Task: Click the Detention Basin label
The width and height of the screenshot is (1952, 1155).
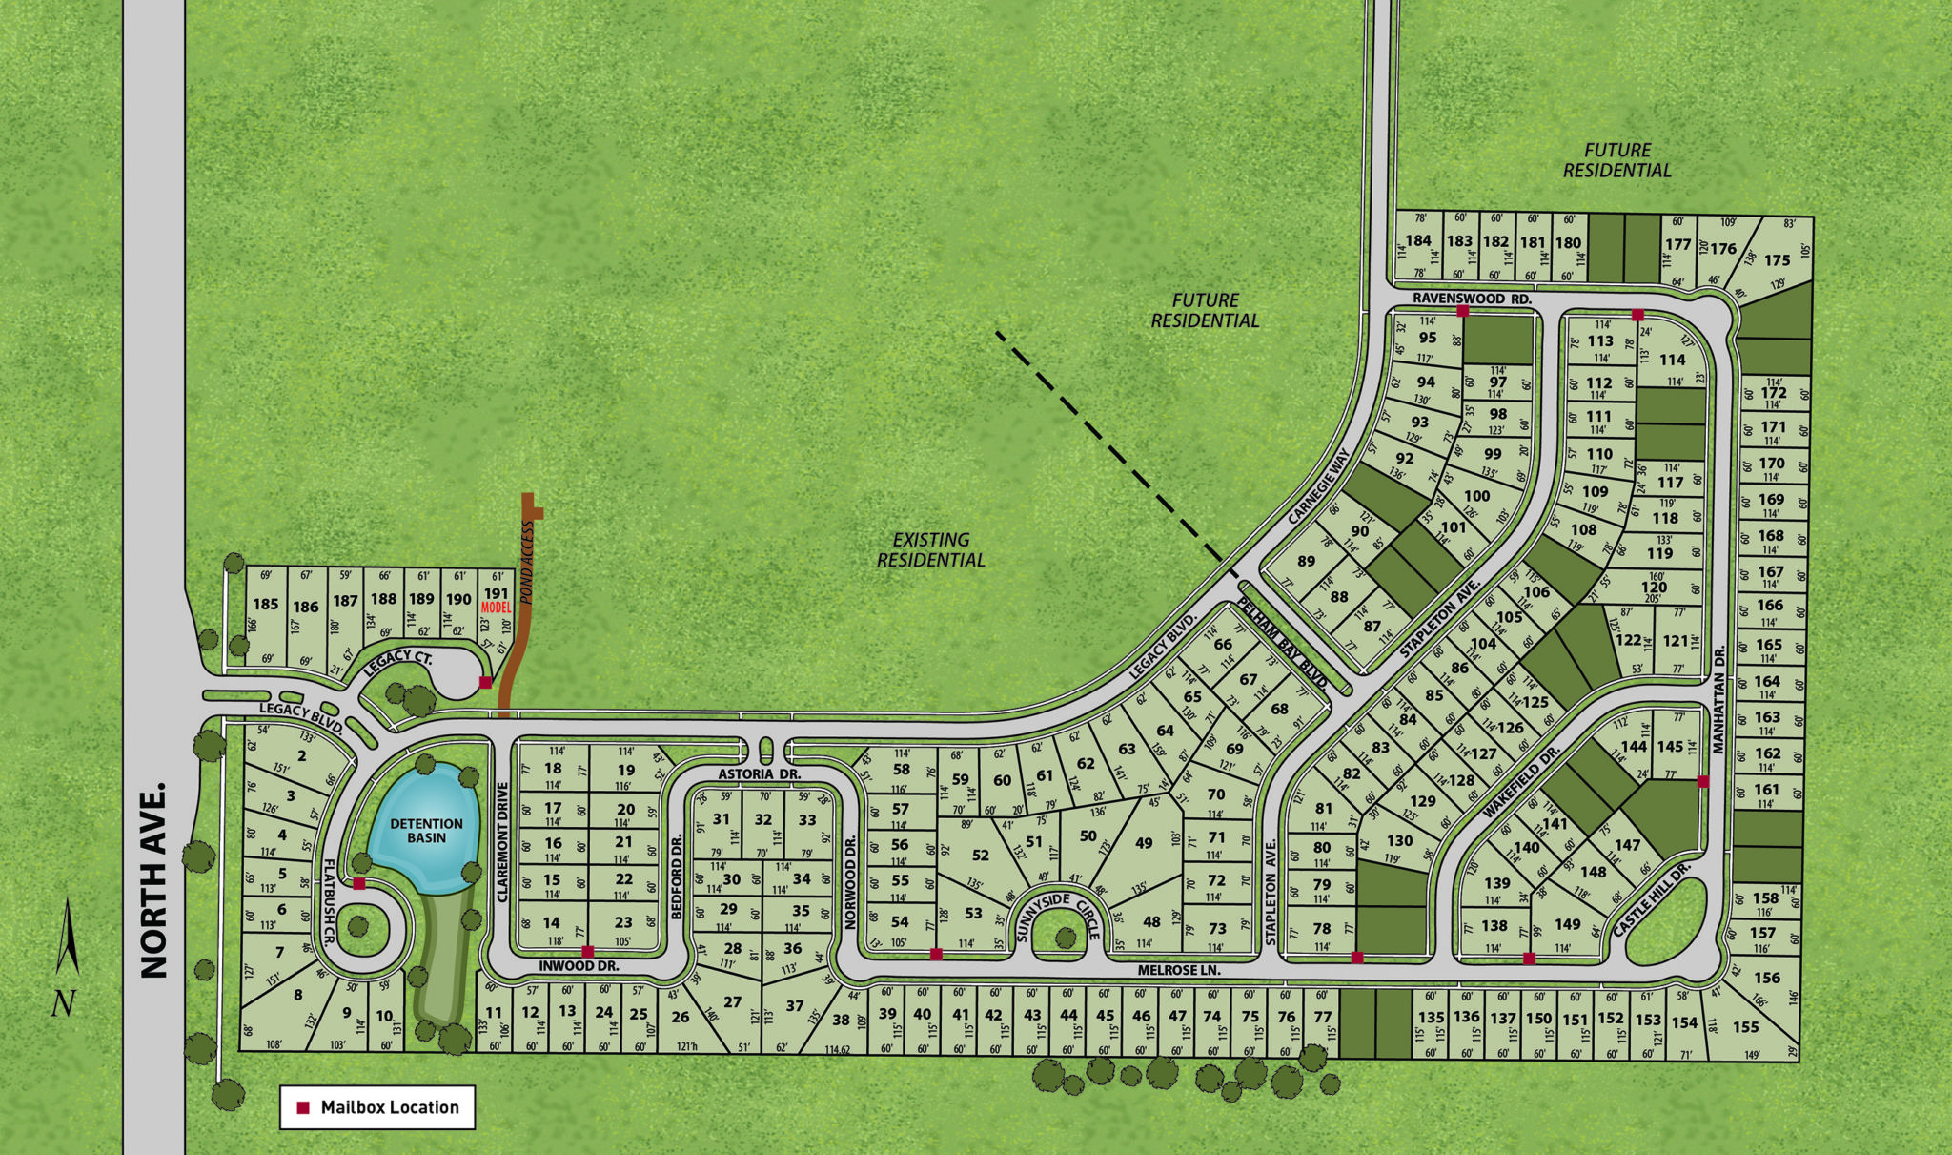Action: point(426,830)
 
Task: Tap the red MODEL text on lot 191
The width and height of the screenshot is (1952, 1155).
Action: point(497,608)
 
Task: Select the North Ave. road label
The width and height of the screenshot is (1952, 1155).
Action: point(154,880)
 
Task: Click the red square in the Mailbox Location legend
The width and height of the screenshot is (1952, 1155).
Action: point(303,1107)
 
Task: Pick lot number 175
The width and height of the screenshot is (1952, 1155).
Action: point(1777,259)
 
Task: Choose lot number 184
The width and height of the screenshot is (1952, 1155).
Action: point(1418,240)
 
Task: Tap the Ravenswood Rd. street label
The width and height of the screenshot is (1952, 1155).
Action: point(1472,299)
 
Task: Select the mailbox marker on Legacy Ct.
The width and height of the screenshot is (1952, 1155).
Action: point(485,682)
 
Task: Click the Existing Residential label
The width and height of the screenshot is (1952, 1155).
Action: point(931,549)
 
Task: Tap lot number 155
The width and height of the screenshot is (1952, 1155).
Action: point(1746,1027)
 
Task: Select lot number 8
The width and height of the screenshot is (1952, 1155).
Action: point(297,995)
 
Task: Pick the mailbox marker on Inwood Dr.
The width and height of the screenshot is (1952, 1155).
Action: point(588,951)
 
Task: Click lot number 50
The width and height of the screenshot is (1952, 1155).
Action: point(1088,835)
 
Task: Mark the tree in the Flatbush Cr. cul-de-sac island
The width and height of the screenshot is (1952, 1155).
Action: point(357,925)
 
